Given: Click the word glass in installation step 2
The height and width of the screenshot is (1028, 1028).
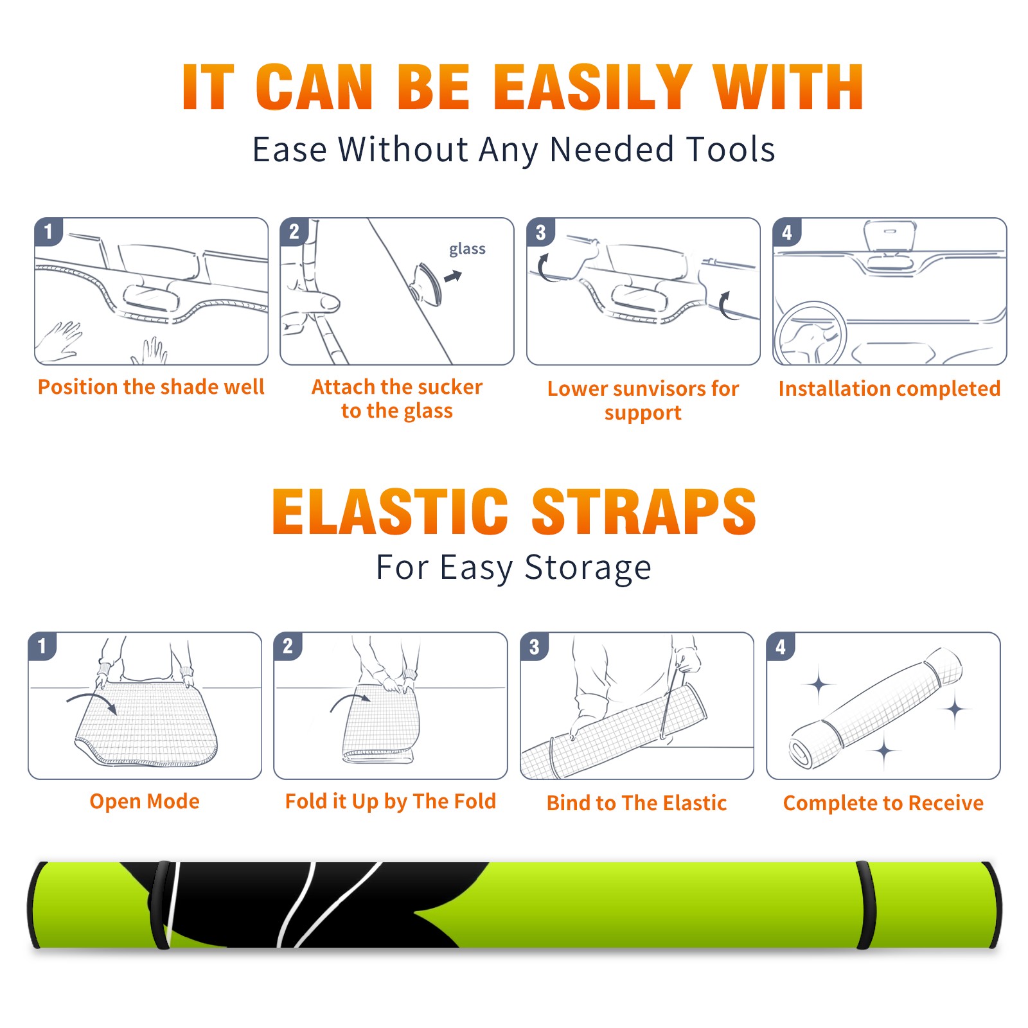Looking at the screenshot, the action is coord(467,249).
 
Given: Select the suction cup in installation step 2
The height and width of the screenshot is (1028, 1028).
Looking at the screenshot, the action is coord(427,283).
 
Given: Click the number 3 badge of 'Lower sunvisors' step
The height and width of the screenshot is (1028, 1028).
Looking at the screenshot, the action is coord(540,232).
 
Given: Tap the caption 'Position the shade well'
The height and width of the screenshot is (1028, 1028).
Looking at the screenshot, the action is coord(151,387).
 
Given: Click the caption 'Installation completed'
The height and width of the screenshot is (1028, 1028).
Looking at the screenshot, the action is coord(889,389).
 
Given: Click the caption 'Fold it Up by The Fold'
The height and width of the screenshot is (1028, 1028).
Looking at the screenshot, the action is coord(391,802).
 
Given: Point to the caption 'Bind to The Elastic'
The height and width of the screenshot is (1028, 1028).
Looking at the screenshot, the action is coord(637,803).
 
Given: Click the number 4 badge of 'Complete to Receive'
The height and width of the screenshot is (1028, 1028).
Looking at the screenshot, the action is coord(781,646).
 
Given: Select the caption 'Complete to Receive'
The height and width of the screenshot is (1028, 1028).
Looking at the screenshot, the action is coord(883,803).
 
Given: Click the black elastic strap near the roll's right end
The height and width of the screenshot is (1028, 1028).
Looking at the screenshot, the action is coord(866,905).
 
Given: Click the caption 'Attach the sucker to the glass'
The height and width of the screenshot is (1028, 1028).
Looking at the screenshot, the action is coord(397,398).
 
